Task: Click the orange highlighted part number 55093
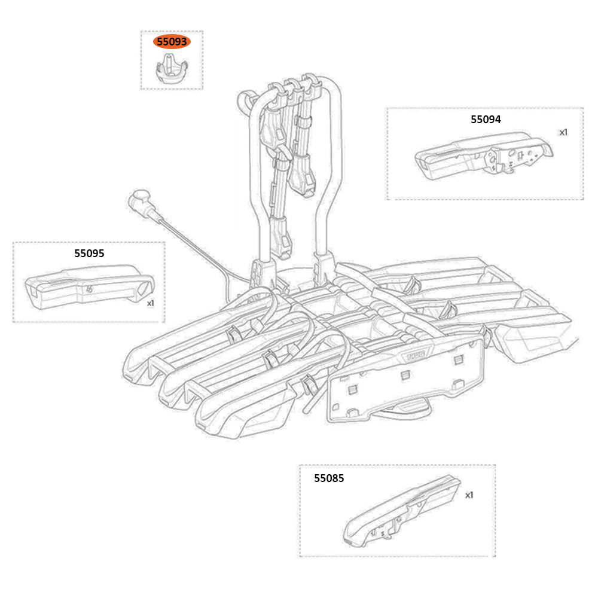tap(172, 42)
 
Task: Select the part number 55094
tap(486, 119)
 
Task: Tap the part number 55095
tap(89, 253)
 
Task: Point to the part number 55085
tap(329, 478)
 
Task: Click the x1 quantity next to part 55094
tap(563, 132)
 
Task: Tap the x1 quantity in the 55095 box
tap(151, 303)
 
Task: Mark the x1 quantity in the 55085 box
tap(469, 495)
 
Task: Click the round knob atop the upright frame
tap(245, 99)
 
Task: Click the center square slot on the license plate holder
tap(404, 375)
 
